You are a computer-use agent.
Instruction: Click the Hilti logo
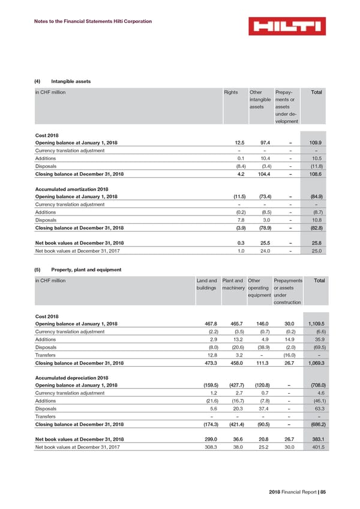(x=287, y=26)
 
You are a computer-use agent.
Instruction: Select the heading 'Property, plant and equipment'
(x=88, y=270)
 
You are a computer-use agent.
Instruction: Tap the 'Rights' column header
(x=230, y=92)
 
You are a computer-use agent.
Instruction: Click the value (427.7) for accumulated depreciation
(x=233, y=385)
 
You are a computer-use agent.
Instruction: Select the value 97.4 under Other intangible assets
(x=259, y=142)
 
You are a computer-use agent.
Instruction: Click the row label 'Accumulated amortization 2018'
(x=70, y=188)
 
